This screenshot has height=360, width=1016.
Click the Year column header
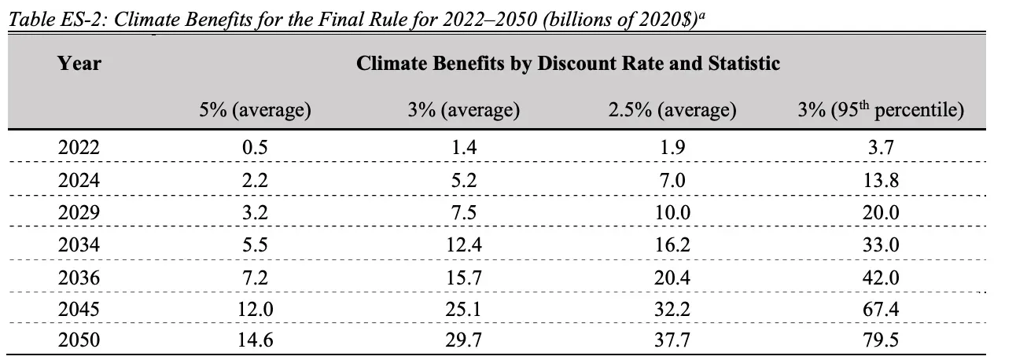point(79,64)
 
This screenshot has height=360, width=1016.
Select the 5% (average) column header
point(255,110)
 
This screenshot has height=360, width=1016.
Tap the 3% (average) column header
point(463,110)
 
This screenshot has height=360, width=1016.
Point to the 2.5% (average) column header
point(672,110)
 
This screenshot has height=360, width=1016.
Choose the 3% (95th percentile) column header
point(881,110)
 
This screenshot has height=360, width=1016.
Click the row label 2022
point(79,146)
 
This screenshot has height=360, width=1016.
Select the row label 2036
point(79,278)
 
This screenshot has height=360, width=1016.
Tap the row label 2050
point(79,343)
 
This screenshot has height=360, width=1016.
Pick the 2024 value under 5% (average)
point(255,179)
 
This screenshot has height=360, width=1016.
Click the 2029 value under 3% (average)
point(463,212)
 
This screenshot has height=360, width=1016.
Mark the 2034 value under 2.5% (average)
point(672,245)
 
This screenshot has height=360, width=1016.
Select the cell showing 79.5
point(881,343)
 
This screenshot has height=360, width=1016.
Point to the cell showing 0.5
point(255,146)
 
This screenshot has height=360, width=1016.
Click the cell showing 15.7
point(463,278)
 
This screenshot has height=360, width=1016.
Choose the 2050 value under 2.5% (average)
point(672,343)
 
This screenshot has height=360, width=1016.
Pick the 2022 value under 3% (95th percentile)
point(881,146)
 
